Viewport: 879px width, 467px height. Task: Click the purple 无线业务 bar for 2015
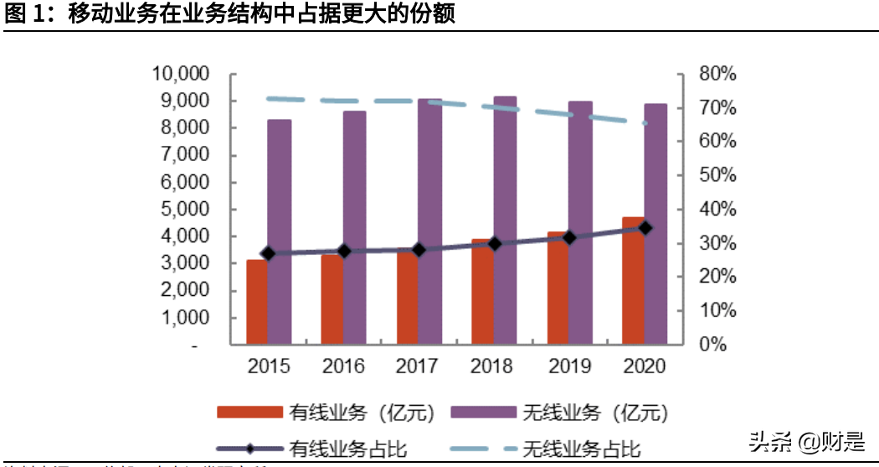pyautogui.click(x=280, y=231)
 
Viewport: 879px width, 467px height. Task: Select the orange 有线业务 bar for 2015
pyautogui.click(x=257, y=302)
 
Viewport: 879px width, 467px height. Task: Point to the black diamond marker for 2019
pyautogui.click(x=570, y=238)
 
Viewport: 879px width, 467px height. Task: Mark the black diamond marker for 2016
pyautogui.click(x=344, y=251)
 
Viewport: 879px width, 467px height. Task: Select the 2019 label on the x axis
pyautogui.click(x=569, y=367)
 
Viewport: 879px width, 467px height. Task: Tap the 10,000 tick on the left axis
pyautogui.click(x=180, y=74)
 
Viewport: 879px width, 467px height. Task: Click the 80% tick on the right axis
pyautogui.click(x=717, y=74)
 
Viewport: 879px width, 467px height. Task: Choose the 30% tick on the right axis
pyautogui.click(x=717, y=243)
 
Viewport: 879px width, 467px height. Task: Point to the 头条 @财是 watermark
pyautogui.click(x=807, y=438)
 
